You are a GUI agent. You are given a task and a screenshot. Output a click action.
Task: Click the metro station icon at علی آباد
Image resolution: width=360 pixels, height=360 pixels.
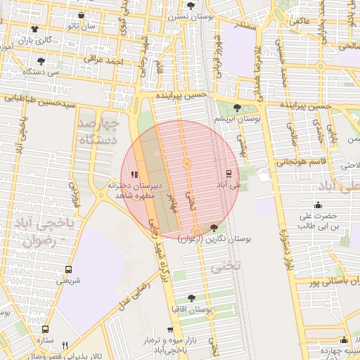[229, 172]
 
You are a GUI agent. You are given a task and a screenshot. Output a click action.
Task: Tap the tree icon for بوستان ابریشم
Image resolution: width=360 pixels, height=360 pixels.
[236, 108]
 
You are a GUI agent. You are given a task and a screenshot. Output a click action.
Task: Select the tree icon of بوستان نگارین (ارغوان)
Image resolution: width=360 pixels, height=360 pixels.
[214, 226]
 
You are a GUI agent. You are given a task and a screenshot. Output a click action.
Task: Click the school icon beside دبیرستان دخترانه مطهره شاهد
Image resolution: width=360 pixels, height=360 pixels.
[135, 174]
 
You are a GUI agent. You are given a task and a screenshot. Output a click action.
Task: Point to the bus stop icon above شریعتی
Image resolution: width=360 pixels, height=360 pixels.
[68, 269]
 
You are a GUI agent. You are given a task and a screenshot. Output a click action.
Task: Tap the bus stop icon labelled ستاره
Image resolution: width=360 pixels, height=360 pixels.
[46, 329]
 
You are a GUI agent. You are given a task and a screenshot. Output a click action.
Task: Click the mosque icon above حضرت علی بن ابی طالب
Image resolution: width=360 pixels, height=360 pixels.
[318, 205]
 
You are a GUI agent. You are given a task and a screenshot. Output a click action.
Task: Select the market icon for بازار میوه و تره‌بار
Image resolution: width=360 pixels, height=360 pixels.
[170, 329]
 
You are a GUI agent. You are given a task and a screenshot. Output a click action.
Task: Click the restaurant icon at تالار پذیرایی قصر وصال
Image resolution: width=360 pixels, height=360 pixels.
[65, 345]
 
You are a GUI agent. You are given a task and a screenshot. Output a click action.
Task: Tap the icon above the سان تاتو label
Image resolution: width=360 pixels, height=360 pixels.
[82, 15]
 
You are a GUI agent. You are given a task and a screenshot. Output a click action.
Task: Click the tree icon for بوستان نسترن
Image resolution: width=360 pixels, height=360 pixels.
[191, 5]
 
